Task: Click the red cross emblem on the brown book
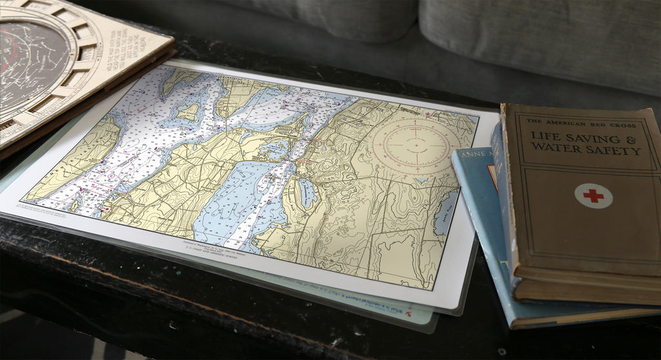pyautogui.click(x=593, y=195)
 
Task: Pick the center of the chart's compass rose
pyautogui.click(x=416, y=146)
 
